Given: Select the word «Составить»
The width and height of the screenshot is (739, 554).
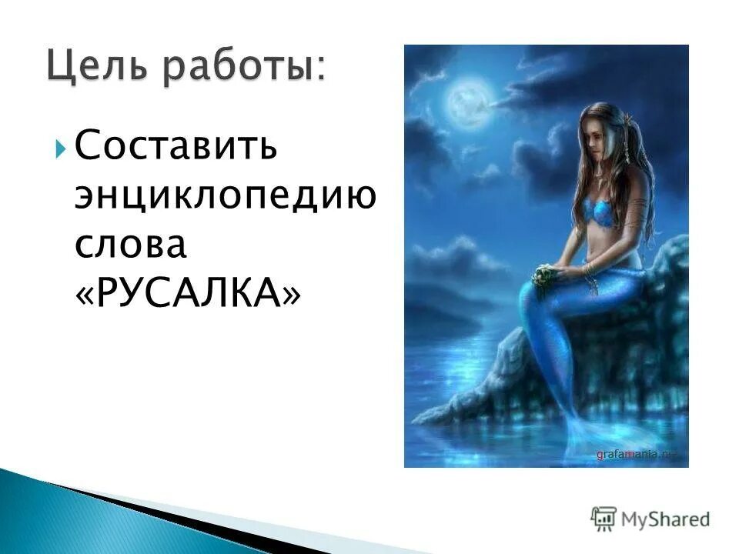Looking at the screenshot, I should tap(176, 145).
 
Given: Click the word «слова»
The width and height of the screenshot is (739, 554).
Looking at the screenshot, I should tap(131, 244).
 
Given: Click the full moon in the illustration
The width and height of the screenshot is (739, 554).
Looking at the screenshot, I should tap(466, 101).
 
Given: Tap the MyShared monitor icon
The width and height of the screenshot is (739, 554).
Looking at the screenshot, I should tap(604, 518).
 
